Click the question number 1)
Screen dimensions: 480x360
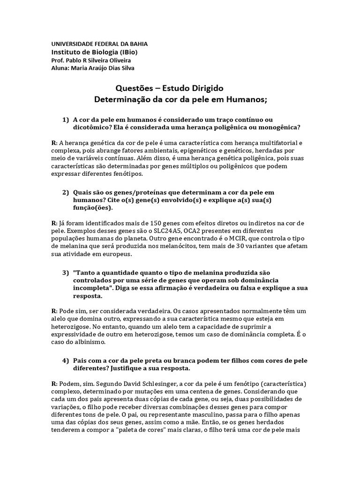pyautogui.click(x=66, y=120)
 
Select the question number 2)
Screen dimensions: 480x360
pyautogui.click(x=66, y=193)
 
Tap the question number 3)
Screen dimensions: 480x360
pyautogui.click(x=66, y=272)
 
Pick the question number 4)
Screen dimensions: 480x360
pyautogui.click(x=66, y=360)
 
